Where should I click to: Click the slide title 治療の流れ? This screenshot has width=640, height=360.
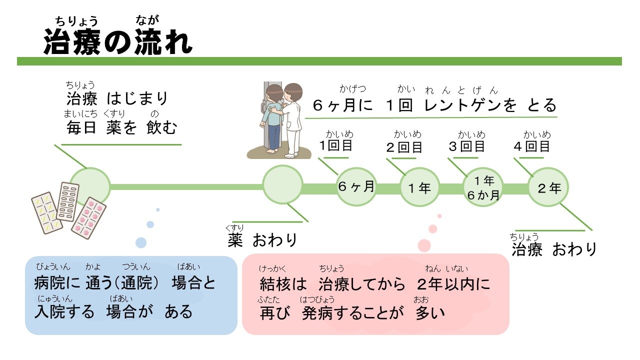[118, 41]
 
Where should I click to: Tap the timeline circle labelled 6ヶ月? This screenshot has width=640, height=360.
[356, 187]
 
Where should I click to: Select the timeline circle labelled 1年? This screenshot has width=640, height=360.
[419, 188]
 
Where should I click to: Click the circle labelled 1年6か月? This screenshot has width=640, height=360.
[483, 188]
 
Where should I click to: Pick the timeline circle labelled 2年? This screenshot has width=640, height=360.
[548, 188]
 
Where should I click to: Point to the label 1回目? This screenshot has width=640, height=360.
[336, 145]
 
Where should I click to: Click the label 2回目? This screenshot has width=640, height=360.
[404, 147]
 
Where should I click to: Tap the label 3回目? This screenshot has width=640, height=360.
[466, 146]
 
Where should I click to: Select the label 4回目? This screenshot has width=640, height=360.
[531, 146]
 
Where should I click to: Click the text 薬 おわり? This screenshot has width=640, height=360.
[262, 240]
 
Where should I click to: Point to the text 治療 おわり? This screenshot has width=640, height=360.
[554, 249]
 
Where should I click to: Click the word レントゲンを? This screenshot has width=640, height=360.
[470, 105]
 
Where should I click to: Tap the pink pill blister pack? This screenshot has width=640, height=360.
[89, 217]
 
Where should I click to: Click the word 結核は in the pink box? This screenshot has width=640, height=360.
[283, 284]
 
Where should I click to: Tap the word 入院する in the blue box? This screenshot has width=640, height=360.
[64, 311]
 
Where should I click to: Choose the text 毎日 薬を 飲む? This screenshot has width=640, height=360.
[122, 128]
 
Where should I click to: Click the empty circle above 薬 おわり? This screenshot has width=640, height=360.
[282, 184]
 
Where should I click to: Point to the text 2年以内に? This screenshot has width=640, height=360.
[453, 284]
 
